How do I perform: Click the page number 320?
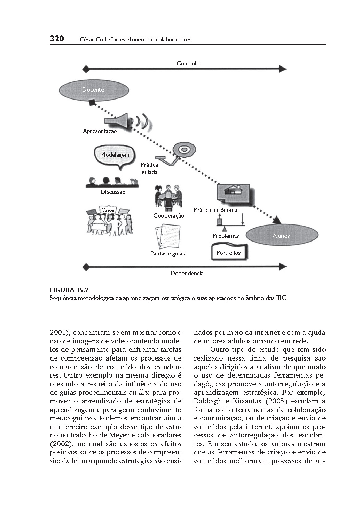pyautogui.click(x=57, y=39)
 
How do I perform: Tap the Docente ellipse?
pyautogui.click(x=93, y=90)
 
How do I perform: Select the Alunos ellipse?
pyautogui.click(x=281, y=236)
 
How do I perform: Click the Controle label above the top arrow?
pyautogui.click(x=188, y=63)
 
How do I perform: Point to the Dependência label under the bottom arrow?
pyautogui.click(x=187, y=274)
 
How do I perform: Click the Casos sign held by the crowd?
pyautogui.click(x=107, y=210)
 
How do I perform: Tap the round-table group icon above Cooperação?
pyautogui.click(x=168, y=197)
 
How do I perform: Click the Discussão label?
pyautogui.click(x=113, y=192)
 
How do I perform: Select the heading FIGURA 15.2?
pyautogui.click(x=67, y=290)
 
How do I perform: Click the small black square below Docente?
pyautogui.click(x=92, y=103)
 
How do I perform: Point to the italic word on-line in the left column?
pyautogui.click(x=139, y=393)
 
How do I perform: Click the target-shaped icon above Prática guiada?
pyautogui.click(x=183, y=149)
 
